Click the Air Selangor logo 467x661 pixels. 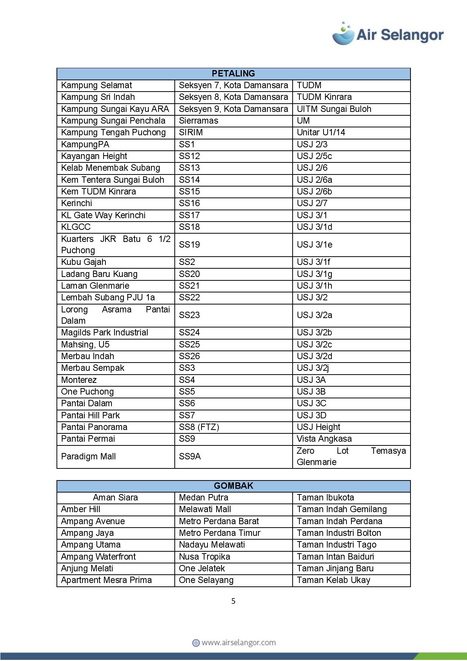pos(388,34)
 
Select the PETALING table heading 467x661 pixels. pos(233,73)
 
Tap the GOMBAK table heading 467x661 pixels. pos(233,486)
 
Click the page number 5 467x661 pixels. pos(233,601)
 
